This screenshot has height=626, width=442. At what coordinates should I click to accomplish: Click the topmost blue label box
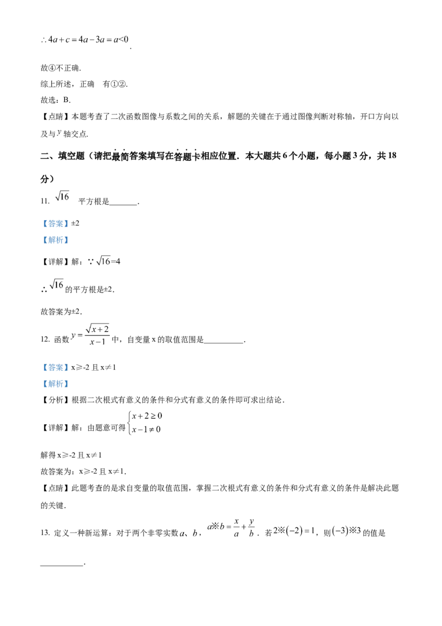(55, 224)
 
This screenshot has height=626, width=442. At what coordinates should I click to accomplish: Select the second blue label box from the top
(55, 241)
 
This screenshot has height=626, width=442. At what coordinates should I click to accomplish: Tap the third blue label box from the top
(55, 367)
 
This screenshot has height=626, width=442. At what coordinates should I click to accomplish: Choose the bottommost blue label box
(55, 383)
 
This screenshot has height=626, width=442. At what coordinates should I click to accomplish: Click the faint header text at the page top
(83, 39)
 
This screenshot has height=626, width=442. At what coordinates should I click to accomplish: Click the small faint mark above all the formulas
(60, 132)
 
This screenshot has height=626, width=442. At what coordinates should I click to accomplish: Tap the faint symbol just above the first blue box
(61, 196)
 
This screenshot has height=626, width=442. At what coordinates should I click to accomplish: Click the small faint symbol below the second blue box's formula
(57, 285)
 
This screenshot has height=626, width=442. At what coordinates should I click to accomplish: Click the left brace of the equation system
(130, 422)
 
